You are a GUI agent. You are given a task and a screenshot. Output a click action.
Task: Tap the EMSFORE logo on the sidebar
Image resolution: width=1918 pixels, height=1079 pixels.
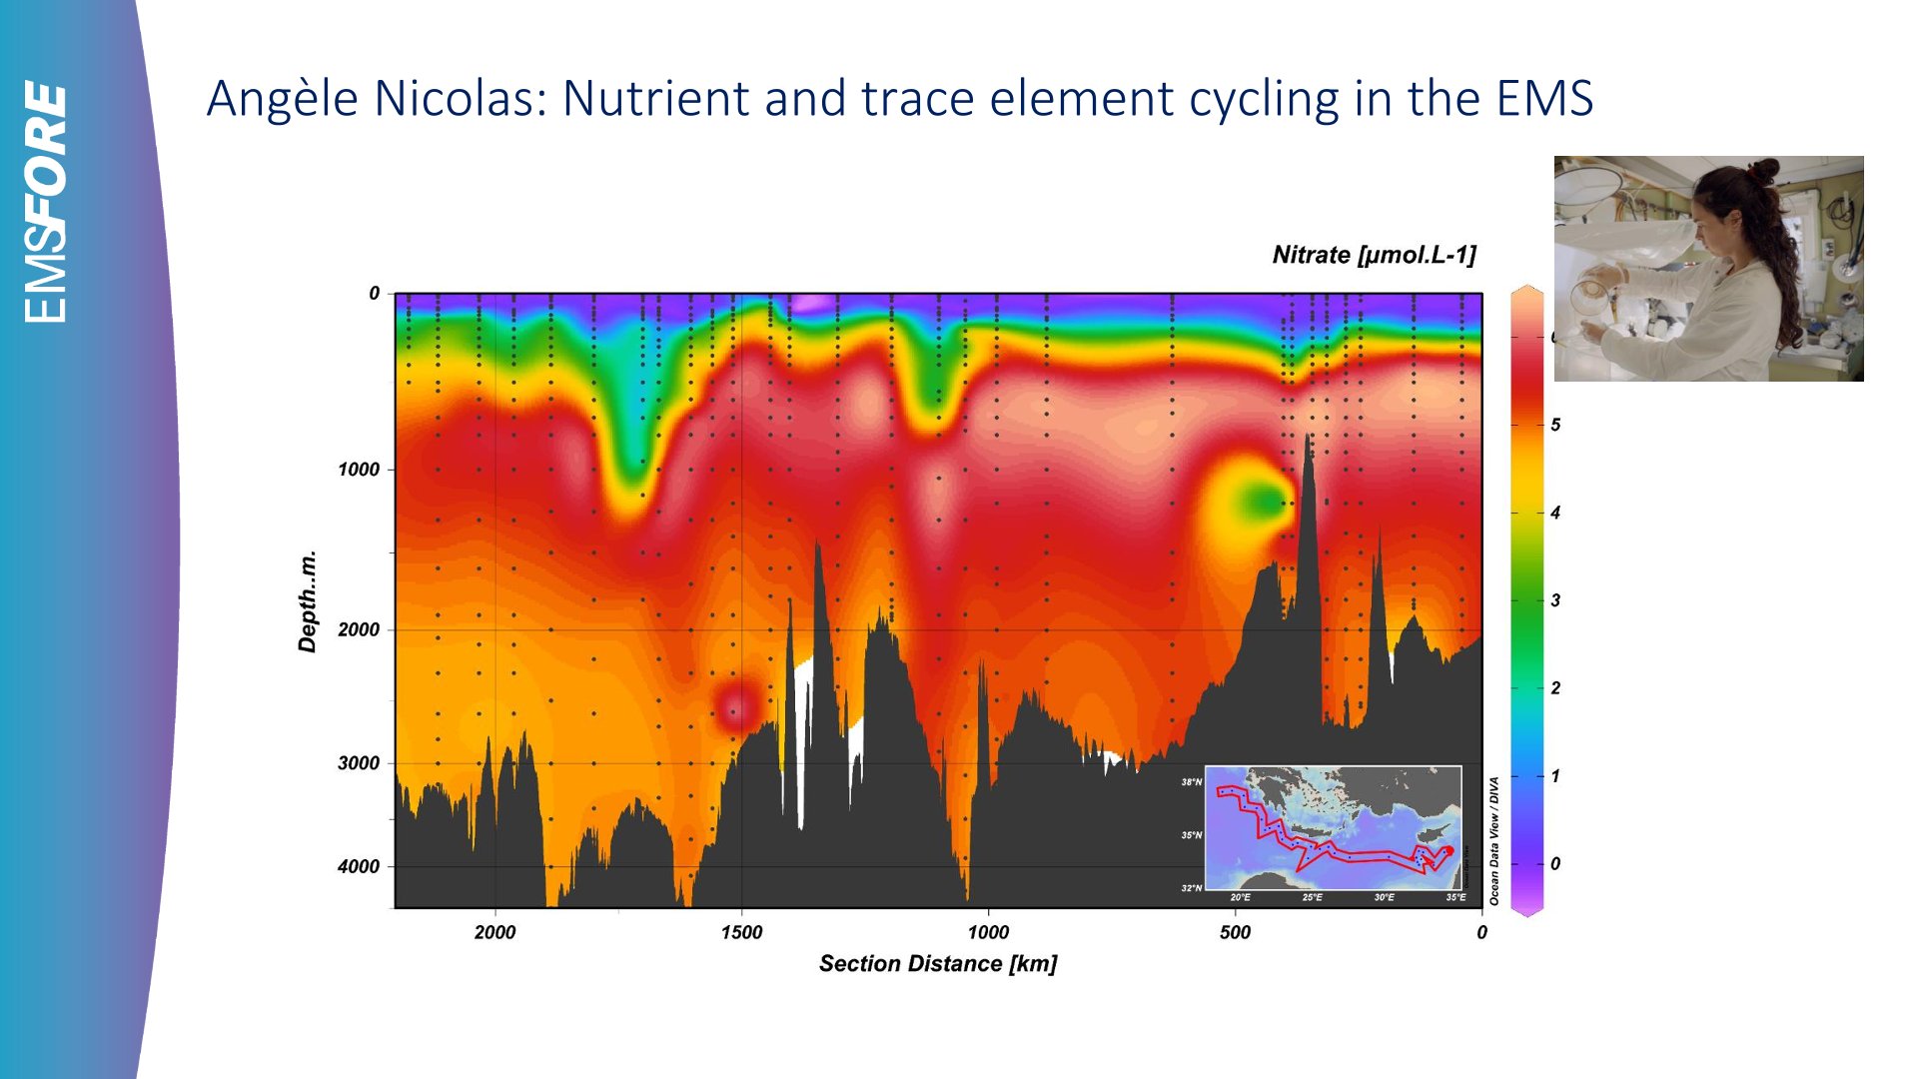pos(46,201)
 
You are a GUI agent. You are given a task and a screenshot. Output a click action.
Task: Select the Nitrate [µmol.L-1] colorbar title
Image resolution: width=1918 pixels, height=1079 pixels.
pos(1374,255)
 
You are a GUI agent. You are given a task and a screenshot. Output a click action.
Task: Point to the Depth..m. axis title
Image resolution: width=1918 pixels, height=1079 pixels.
pos(308,600)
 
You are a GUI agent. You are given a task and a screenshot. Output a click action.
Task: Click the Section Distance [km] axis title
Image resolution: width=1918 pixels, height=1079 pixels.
pos(937,963)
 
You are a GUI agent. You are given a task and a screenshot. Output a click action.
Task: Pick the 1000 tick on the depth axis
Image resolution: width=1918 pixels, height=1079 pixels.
pos(359,470)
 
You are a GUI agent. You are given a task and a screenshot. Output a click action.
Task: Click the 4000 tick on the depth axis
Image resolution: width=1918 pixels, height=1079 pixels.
pos(359,866)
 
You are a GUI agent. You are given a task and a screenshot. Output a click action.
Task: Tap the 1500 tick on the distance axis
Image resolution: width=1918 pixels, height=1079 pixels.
pos(741,932)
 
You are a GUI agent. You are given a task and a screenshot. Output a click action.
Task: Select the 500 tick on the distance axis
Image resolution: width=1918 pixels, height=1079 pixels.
pos(1235,932)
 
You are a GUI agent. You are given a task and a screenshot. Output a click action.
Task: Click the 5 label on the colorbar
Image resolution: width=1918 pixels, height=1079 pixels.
pos(1555,425)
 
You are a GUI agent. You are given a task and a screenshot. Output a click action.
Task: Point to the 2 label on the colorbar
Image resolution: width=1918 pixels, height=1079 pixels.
pos(1555,688)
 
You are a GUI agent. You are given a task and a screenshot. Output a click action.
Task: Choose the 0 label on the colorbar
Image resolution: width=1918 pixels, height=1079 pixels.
pos(1555,863)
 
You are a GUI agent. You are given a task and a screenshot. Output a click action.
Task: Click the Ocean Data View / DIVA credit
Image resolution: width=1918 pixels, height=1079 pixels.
pos(1494,841)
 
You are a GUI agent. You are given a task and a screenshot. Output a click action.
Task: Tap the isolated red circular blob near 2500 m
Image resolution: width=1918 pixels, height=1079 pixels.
pos(737,705)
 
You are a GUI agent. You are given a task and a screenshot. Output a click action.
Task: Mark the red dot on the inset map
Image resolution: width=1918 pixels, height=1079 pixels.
pos(1448,850)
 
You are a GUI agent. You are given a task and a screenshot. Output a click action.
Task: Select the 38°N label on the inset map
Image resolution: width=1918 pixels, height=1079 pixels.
pos(1192,782)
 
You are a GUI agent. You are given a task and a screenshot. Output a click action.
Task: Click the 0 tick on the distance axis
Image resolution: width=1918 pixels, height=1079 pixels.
pos(1481,932)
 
